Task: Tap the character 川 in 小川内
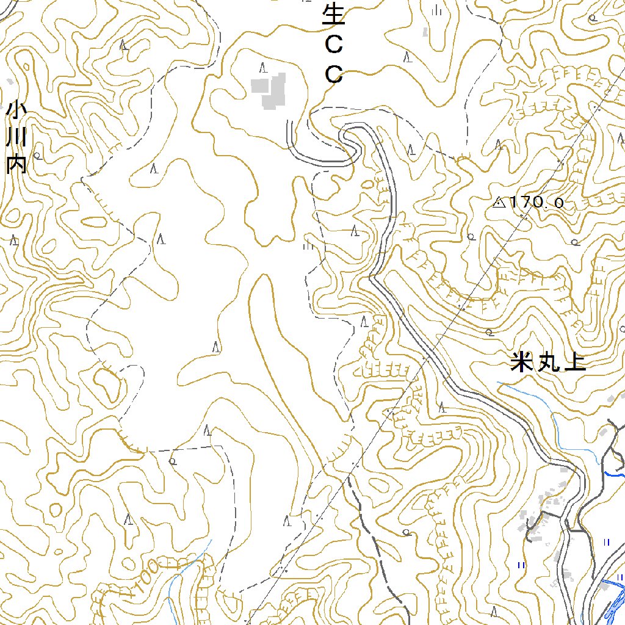coord(16,137)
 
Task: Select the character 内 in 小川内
coord(16,163)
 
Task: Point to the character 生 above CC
coord(333,13)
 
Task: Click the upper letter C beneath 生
coord(333,44)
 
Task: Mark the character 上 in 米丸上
coord(575,363)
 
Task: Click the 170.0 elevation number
coord(537,202)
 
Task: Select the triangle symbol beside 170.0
coord(499,202)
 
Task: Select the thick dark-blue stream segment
coord(613,474)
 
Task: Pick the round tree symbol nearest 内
coord(37,156)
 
